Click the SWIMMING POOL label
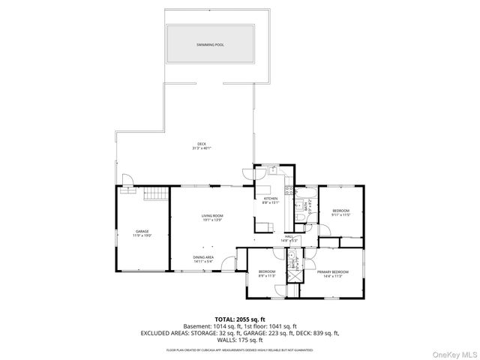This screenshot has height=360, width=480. coord(211,45)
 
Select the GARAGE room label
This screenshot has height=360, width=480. coord(142,231)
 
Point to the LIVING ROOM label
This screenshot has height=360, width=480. coord(212,216)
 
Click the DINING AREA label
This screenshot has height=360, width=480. coord(204,257)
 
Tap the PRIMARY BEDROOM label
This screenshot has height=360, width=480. coord(332,271)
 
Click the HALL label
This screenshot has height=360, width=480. coord(289,237)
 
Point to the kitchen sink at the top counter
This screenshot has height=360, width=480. coord(274,170)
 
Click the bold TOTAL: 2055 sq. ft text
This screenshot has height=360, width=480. coord(240,319)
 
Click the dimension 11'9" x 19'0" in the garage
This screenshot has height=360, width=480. coord(142,235)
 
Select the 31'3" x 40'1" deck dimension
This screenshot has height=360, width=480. coord(202,148)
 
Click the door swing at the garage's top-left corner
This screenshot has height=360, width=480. coord(127,180)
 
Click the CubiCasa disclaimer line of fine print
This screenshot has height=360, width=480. coord(240,349)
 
